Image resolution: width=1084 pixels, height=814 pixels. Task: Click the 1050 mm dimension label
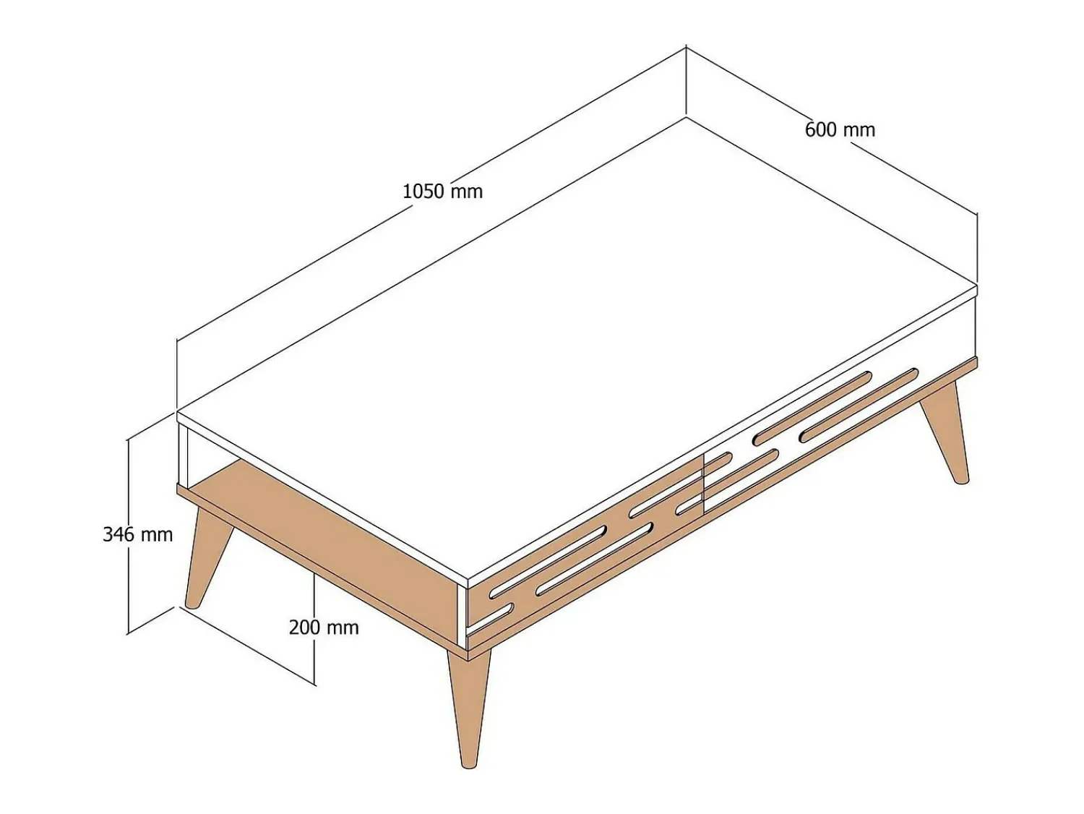click(442, 192)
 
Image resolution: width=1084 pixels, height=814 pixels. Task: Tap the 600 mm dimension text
click(840, 130)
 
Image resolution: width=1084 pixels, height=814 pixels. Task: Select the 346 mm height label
click(138, 534)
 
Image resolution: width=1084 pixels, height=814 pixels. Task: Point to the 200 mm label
click(324, 627)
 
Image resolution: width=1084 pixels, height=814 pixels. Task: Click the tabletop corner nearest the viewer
click(467, 576)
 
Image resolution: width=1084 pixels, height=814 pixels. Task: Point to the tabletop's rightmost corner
click(978, 285)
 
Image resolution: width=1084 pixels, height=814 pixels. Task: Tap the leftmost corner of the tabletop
click(177, 411)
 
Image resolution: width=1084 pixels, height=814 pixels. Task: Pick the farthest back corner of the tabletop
click(686, 118)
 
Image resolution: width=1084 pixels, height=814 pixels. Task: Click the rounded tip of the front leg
click(469, 766)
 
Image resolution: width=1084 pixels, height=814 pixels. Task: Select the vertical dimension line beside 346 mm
click(129, 536)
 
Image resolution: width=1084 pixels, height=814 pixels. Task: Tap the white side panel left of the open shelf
click(184, 455)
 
